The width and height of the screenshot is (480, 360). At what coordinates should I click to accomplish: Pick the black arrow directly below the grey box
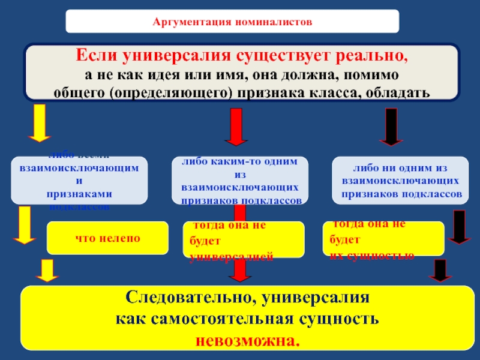(x=391, y=126)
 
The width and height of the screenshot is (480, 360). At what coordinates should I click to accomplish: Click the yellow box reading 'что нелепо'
(x=107, y=238)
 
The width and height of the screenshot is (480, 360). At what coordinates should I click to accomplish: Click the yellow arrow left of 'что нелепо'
(x=25, y=224)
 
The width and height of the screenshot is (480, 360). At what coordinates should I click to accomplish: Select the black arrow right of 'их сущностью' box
(x=460, y=226)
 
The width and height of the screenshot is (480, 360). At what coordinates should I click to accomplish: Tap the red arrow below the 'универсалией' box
(x=240, y=271)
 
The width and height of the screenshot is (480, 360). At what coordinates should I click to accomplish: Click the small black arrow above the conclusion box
(x=441, y=271)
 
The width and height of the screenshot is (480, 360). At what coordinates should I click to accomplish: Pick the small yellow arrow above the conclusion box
(x=47, y=271)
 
